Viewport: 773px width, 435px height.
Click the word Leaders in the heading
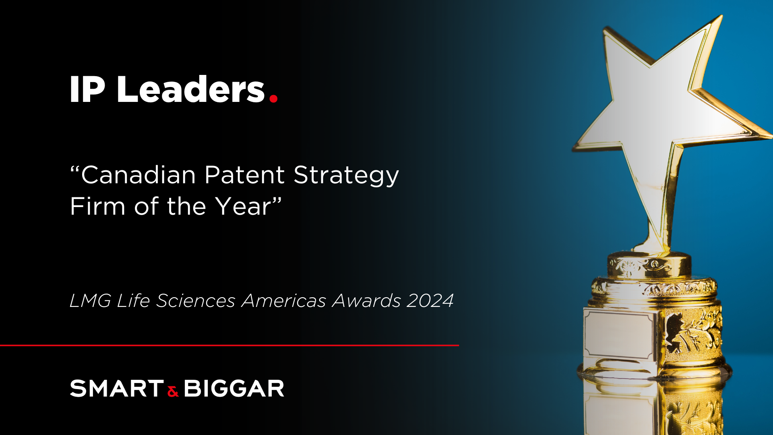tap(190, 89)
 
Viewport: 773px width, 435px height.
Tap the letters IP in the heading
tap(87, 90)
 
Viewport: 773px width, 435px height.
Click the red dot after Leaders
tap(273, 98)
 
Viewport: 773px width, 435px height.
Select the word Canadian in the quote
tap(138, 175)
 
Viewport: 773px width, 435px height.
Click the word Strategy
tap(346, 176)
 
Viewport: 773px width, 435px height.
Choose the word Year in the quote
tap(244, 207)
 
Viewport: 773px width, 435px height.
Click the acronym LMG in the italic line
tap(90, 301)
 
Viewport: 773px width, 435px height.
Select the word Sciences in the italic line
tap(196, 301)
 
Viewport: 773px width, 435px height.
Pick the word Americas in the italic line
tap(284, 301)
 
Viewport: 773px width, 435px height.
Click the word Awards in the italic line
tap(366, 301)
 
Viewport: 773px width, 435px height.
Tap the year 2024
tap(430, 301)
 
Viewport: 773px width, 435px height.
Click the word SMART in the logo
tap(117, 389)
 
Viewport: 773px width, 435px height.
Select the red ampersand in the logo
tap(173, 391)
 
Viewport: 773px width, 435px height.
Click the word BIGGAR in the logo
tap(234, 389)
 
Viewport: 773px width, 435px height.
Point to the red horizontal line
tap(229, 345)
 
